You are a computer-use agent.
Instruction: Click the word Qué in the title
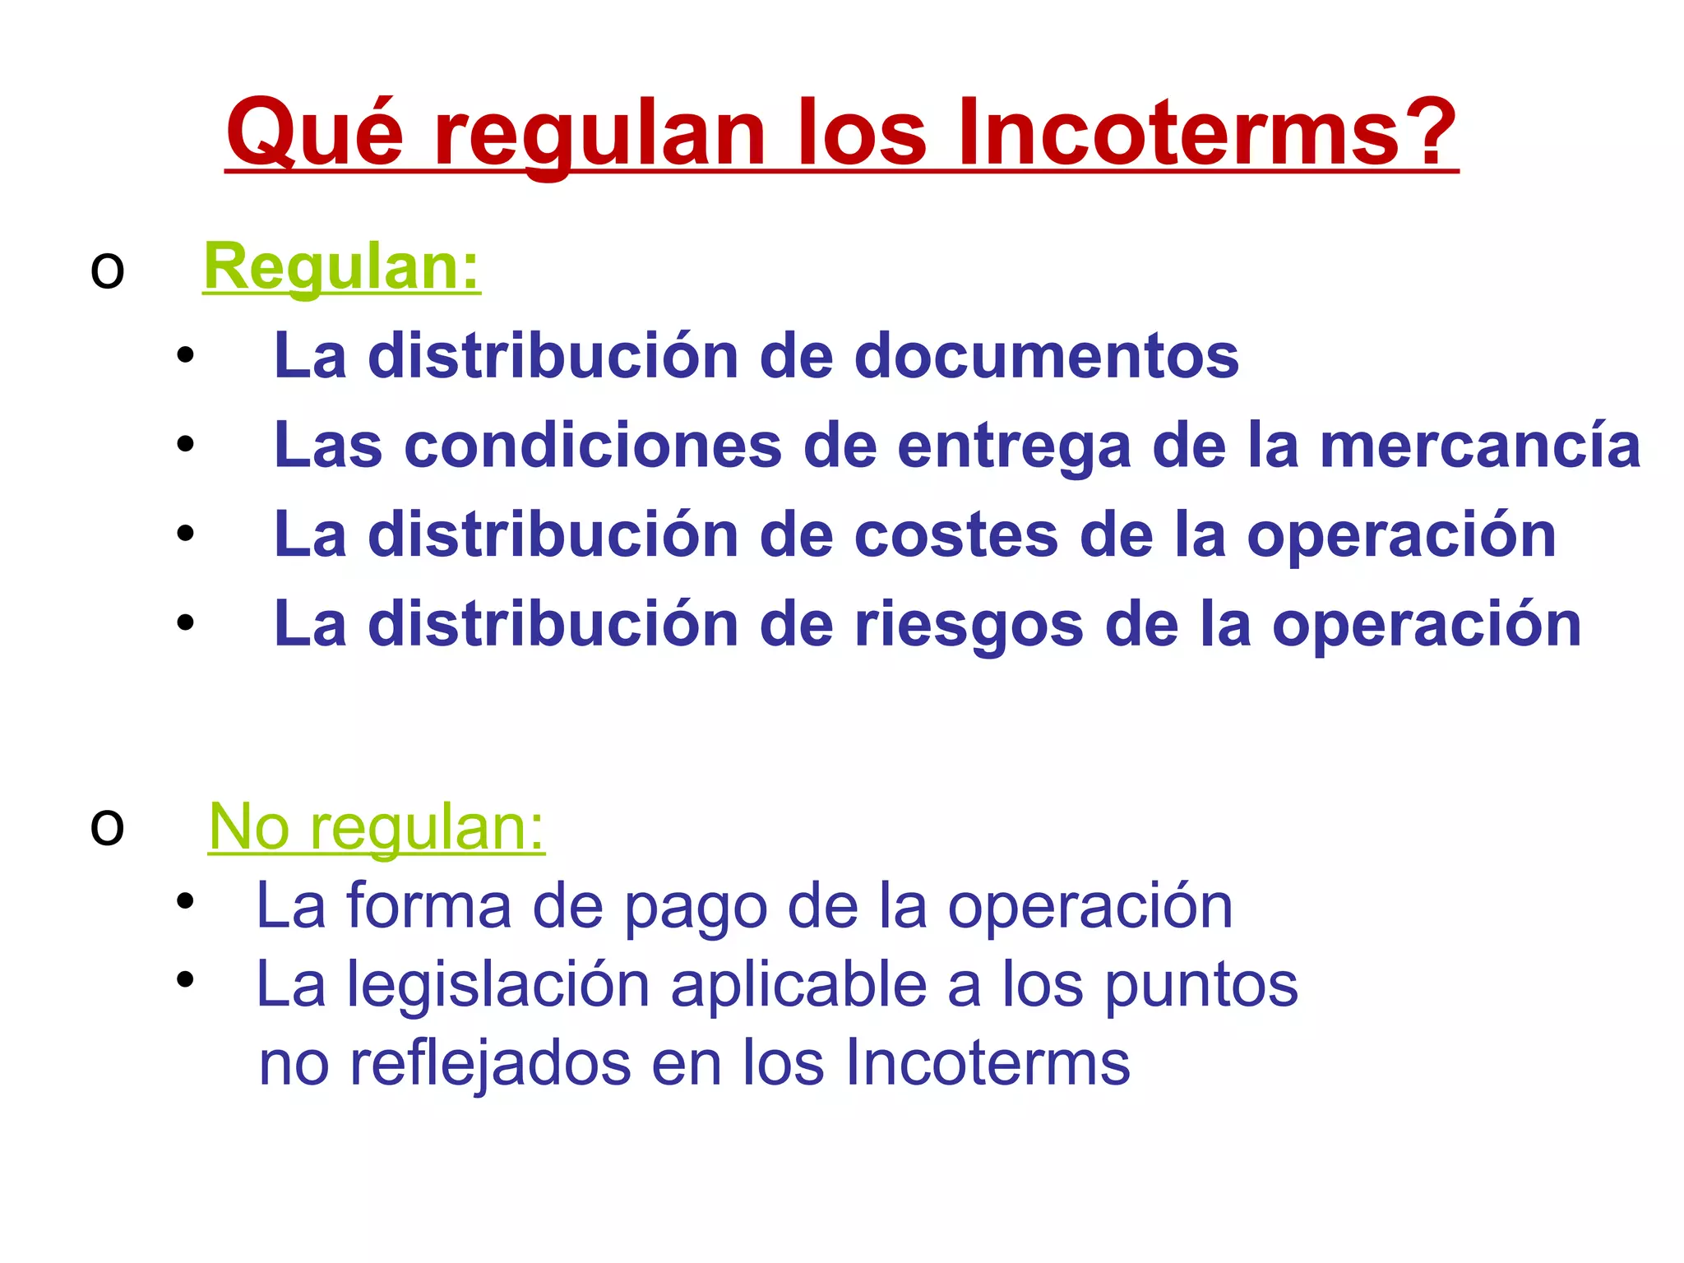[315, 134]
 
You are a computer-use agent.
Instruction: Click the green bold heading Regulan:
[341, 267]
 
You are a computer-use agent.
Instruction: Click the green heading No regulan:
[376, 827]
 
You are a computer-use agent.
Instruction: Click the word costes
[956, 535]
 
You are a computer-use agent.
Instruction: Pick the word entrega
[1014, 446]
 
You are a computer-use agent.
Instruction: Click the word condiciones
[593, 446]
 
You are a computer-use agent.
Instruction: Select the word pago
[696, 906]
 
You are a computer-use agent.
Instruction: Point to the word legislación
[497, 985]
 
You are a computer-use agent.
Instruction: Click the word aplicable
[798, 985]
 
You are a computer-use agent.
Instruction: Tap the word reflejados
[490, 1063]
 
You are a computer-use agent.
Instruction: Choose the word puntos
[1200, 985]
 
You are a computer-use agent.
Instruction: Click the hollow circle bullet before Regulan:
[107, 271]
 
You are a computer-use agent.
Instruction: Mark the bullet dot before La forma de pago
[185, 900]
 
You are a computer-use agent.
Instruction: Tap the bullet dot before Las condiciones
[185, 444]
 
